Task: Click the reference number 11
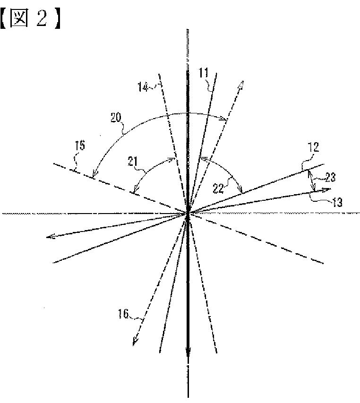click(x=203, y=73)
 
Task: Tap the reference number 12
click(x=313, y=147)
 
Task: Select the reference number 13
click(x=337, y=202)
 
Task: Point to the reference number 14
click(x=143, y=86)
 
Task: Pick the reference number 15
click(x=80, y=146)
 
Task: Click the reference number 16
click(x=123, y=314)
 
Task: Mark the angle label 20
click(x=116, y=118)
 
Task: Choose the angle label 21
click(x=133, y=162)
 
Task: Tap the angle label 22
click(x=218, y=189)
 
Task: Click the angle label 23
click(x=330, y=177)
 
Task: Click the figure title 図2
click(x=30, y=18)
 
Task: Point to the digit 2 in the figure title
click(x=42, y=19)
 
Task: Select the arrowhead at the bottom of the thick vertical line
click(x=188, y=352)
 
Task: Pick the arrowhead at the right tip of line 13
click(x=326, y=190)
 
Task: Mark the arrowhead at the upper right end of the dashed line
click(x=241, y=85)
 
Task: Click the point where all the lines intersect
click(x=188, y=214)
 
